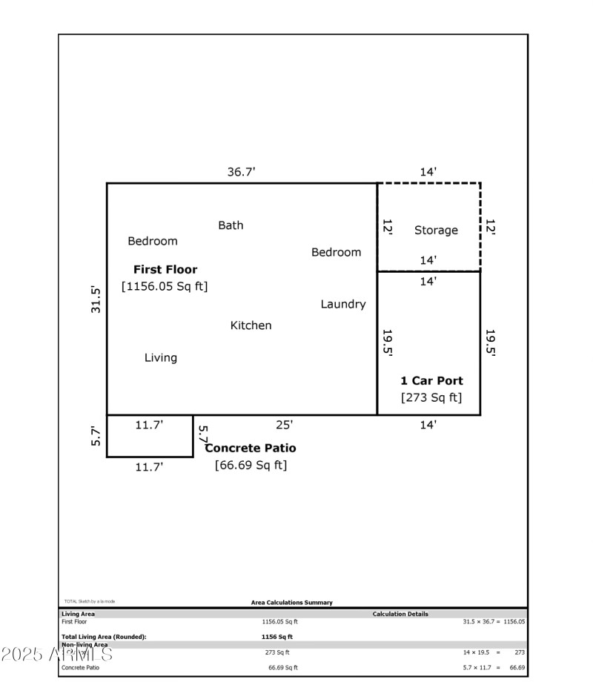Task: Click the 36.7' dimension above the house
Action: [x=241, y=172]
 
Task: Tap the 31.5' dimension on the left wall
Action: [x=96, y=300]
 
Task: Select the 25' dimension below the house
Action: [x=285, y=425]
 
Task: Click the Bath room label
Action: [x=231, y=225]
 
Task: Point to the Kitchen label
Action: [x=251, y=325]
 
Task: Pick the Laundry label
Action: [x=343, y=304]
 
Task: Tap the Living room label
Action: [x=161, y=358]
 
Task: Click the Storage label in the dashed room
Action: [x=436, y=231]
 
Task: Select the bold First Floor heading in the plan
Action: [x=165, y=270]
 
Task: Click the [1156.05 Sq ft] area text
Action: [x=165, y=286]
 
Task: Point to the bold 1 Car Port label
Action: [x=431, y=381]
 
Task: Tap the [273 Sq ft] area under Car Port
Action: [x=431, y=397]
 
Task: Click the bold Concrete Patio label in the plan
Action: [x=251, y=449]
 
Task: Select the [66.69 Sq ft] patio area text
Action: [x=251, y=466]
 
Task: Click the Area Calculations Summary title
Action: [x=292, y=603]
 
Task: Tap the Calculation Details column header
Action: [x=400, y=614]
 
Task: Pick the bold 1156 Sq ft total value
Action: [x=277, y=637]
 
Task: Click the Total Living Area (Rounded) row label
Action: [x=104, y=637]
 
